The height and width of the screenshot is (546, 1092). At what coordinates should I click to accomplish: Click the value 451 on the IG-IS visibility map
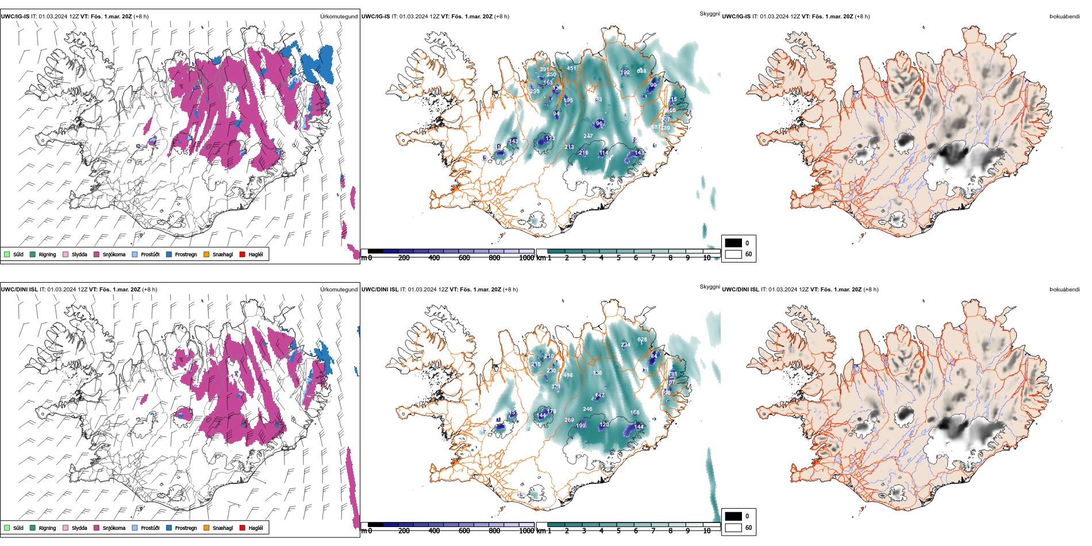pos(571,68)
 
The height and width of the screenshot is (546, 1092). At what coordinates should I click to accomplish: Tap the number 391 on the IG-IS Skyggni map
pos(544,70)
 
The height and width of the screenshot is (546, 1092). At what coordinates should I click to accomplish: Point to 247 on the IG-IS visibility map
pos(588,136)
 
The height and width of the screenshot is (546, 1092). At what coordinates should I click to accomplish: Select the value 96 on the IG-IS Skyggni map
pos(599,124)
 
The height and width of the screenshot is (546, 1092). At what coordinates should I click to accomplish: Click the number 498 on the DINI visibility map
pos(568,375)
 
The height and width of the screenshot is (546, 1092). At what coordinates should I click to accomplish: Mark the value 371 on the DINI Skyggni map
pos(556,387)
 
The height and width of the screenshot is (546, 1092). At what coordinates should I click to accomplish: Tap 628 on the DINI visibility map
pos(642,340)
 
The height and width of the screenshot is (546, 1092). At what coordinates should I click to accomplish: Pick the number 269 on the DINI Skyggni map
pos(569,420)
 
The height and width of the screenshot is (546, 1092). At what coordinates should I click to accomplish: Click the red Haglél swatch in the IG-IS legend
pos(243,254)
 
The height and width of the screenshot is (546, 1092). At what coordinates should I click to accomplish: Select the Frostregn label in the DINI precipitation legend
pos(186,528)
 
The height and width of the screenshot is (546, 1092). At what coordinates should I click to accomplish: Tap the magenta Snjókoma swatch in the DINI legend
pos(97,528)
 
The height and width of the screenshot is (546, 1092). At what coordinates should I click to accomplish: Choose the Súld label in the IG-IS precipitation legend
pos(18,255)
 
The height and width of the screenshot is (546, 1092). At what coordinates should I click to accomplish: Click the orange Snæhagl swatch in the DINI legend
pos(206,528)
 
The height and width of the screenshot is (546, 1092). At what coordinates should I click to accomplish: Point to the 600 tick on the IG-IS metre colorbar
pos(464,258)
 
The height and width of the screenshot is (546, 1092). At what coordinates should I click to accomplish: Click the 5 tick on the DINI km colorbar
pos(618,531)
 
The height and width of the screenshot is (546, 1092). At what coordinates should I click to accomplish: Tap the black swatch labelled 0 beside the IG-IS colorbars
pos(733,243)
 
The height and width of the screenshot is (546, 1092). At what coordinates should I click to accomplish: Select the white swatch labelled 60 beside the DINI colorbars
pos(733,528)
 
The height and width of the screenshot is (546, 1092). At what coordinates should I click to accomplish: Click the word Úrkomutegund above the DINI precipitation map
pos(339,290)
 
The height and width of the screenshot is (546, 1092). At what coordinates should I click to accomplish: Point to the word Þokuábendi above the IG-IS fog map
pos(1064,17)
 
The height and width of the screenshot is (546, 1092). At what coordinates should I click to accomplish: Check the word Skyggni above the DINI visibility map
pos(709,287)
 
